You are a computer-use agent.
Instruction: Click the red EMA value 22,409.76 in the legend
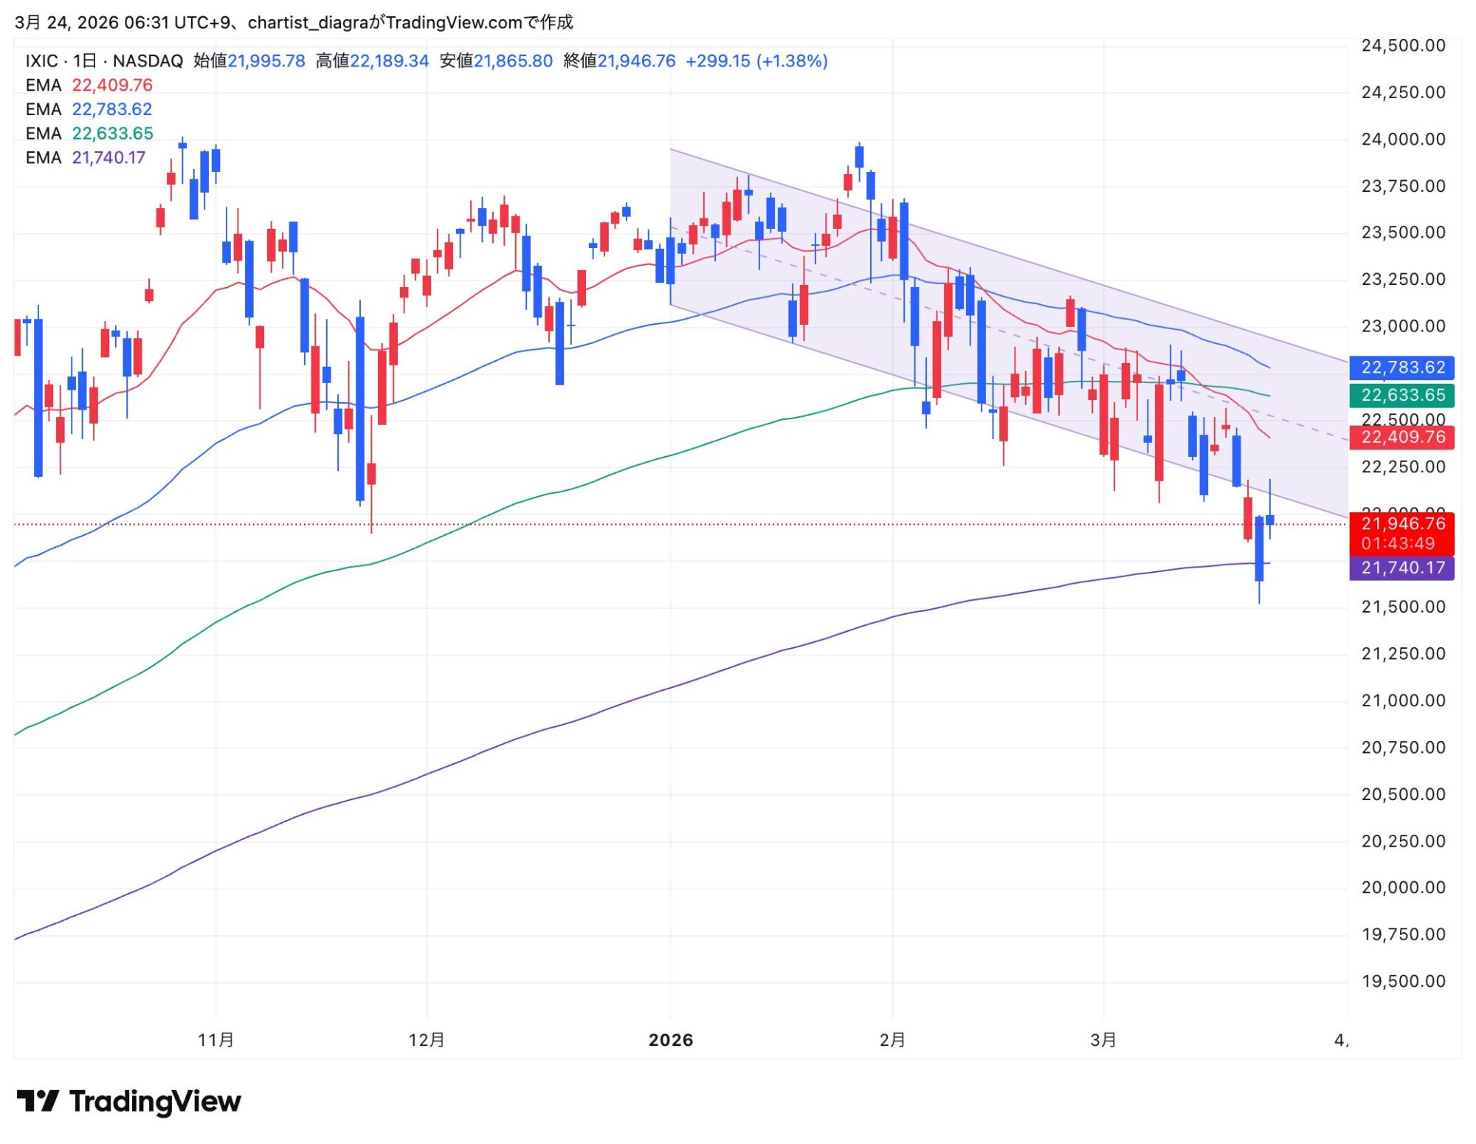coord(112,85)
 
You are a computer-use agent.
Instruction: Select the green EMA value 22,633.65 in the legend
coord(112,134)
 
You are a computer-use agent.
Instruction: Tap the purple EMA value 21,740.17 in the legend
coord(108,158)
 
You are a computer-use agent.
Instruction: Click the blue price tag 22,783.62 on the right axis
coord(1402,368)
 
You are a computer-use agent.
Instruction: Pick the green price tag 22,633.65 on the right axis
coord(1402,396)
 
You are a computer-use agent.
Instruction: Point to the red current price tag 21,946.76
coord(1402,524)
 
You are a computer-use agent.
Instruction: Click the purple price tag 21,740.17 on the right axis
coord(1402,568)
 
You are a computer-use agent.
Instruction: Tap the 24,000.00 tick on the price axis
coord(1403,139)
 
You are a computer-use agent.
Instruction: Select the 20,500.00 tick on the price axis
coord(1403,795)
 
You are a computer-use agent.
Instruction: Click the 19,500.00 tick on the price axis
coord(1403,982)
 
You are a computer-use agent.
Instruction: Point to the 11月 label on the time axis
coord(215,1041)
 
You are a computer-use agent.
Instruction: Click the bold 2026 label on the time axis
coord(671,1041)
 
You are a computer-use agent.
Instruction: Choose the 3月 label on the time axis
coord(1103,1041)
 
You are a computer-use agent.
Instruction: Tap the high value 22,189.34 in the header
coord(389,61)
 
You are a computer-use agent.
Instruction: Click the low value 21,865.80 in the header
coord(513,61)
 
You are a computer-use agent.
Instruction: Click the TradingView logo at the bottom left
coord(129,1101)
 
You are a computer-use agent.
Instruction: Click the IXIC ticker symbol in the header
coord(41,61)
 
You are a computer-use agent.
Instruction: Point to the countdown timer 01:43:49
coord(1398,544)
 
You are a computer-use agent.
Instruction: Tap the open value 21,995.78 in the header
coord(266,61)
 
